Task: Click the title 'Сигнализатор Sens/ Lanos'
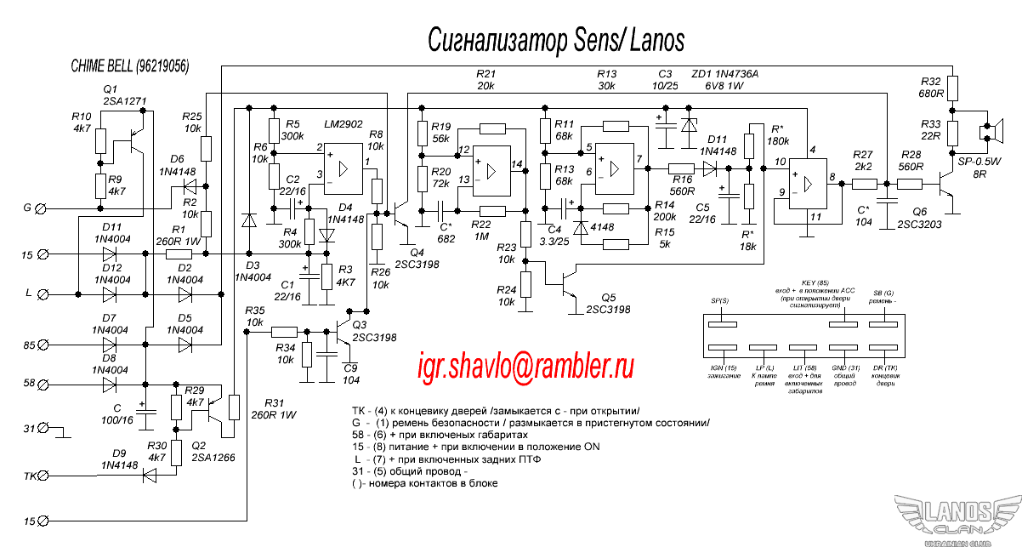coord(555,40)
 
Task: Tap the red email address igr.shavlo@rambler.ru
coord(526,366)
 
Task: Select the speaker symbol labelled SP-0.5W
coord(988,132)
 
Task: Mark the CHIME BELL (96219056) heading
coord(130,66)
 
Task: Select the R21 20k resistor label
coord(485,80)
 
